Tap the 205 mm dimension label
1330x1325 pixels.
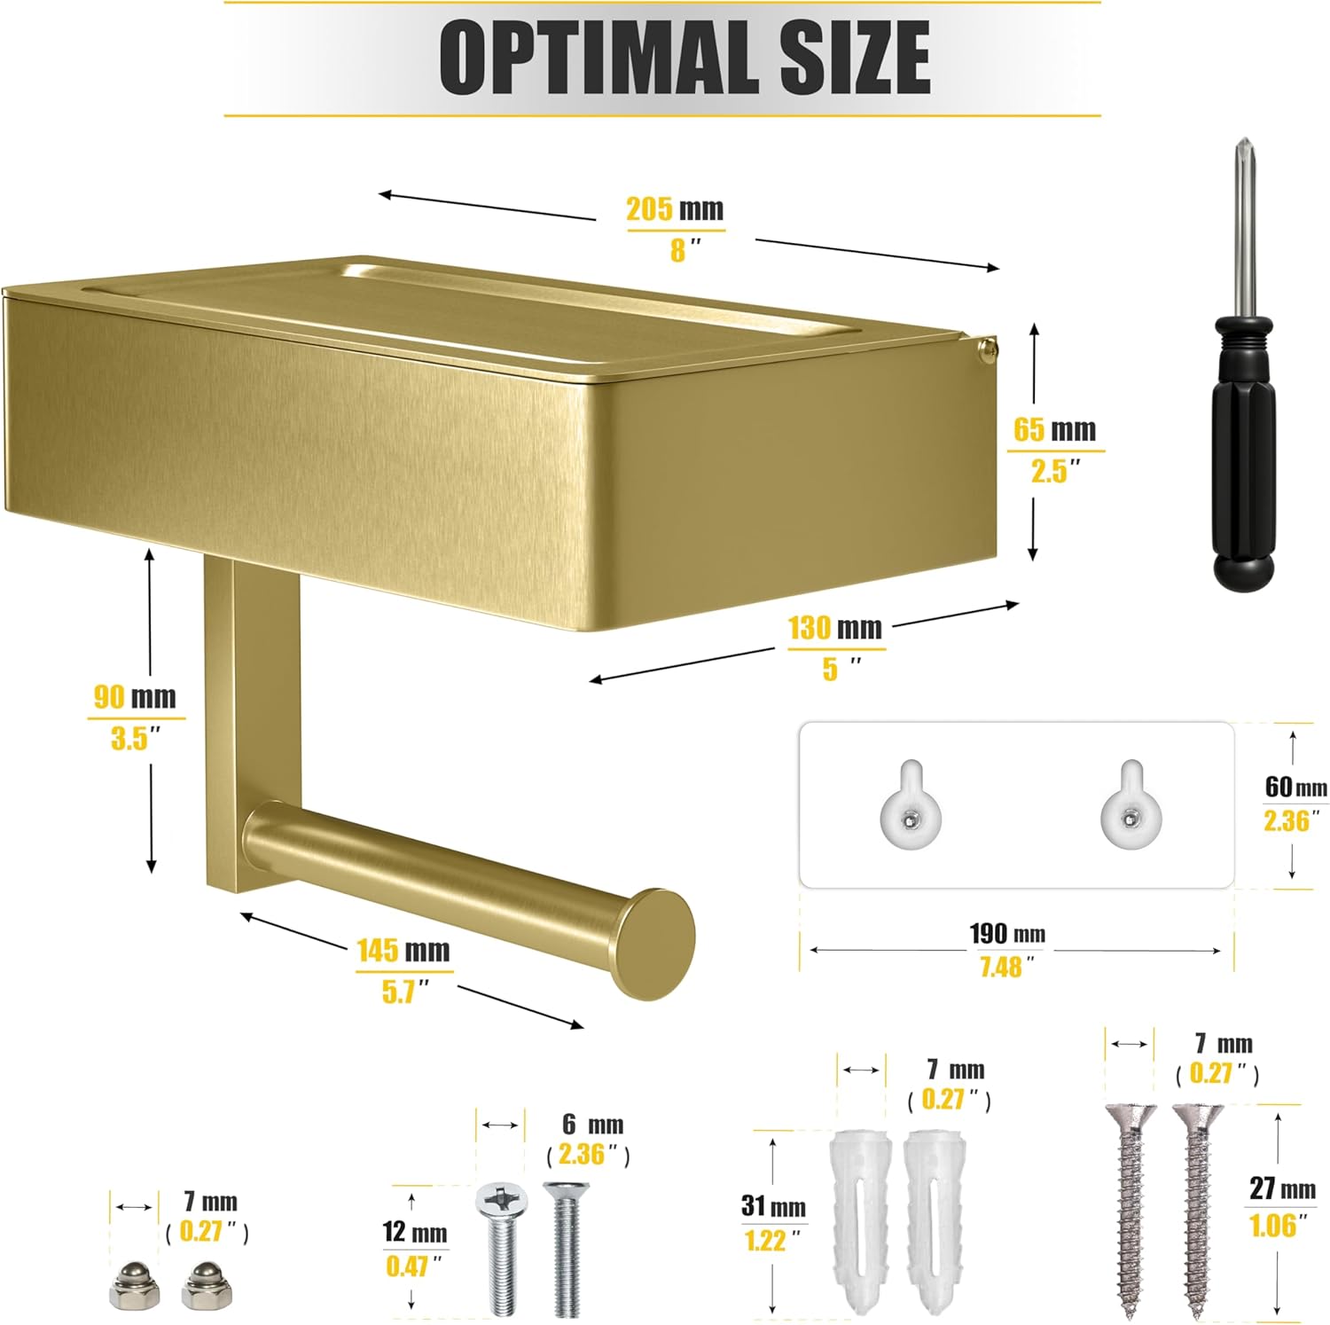coord(675,209)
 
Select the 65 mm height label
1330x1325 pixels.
coord(1055,430)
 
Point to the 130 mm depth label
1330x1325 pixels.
coord(835,628)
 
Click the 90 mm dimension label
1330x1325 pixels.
coord(136,697)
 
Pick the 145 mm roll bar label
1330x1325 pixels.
coord(403,951)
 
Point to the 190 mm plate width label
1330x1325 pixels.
coord(1007,934)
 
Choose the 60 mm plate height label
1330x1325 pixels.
coord(1296,787)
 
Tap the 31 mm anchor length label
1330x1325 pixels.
coord(773,1207)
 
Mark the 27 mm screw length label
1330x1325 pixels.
coord(1282,1188)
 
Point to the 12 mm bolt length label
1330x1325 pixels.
coord(415,1233)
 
